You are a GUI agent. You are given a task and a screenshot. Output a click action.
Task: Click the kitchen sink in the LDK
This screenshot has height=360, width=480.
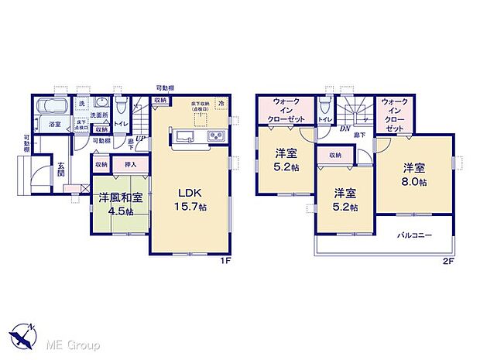pos(185,137)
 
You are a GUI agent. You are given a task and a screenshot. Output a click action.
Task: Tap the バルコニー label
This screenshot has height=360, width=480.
pos(414,235)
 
